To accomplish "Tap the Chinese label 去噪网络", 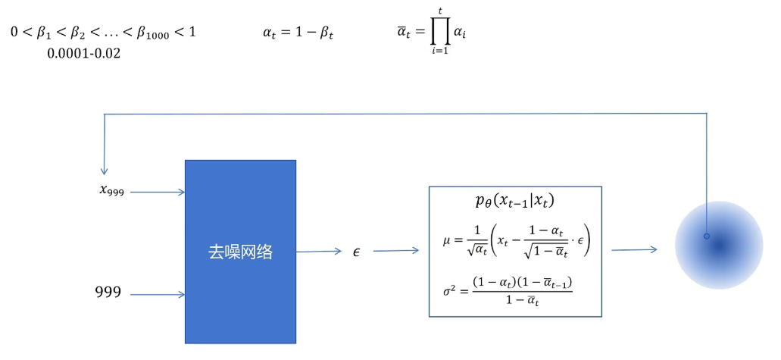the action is coord(240,252).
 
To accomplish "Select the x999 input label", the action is coord(111,189).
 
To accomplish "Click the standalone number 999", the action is coord(108,292).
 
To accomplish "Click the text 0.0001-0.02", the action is coord(84,54).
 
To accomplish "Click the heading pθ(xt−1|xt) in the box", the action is coord(514,201).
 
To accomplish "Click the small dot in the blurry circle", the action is coord(707,236).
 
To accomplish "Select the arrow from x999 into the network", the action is coord(158,193).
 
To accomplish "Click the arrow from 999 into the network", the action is coord(158,294).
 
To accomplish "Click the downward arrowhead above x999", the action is coord(104,170).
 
